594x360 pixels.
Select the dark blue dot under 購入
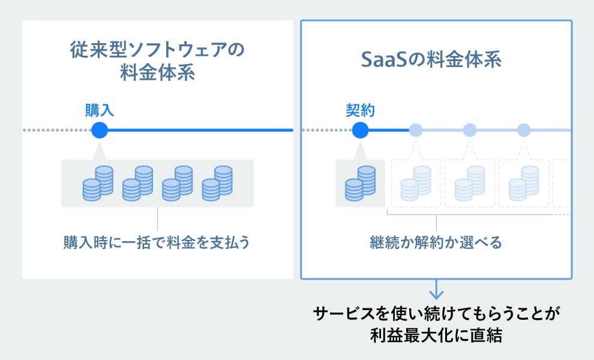tap(100, 130)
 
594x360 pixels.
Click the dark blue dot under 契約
tap(360, 130)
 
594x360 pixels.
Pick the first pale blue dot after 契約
tap(416, 130)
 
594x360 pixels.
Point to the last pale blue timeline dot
tap(524, 130)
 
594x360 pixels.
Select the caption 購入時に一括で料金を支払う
tap(157, 243)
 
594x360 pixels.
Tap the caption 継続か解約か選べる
tap(436, 243)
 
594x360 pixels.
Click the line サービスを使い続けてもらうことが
tap(436, 314)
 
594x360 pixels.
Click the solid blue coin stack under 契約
tap(360, 182)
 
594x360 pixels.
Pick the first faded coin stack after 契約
tap(416, 182)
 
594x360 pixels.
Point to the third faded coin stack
tap(524, 182)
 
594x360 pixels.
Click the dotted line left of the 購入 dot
tap(56, 130)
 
